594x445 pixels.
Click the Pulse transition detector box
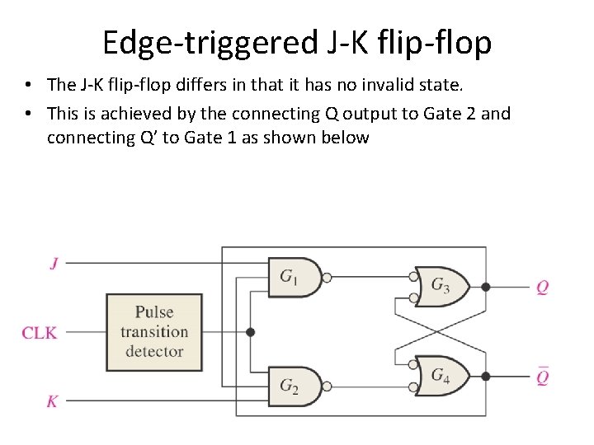154,332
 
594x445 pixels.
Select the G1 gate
293,277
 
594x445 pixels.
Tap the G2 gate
293,386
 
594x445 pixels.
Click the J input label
54,264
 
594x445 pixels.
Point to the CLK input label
39,333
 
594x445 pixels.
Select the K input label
52,401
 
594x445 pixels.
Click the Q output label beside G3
542,288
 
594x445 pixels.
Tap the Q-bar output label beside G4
542,377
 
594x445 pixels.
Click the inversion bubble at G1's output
327,278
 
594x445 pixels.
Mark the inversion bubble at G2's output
327,386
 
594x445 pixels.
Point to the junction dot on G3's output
485,287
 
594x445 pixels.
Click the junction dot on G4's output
485,376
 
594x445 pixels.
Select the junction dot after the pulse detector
251,332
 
